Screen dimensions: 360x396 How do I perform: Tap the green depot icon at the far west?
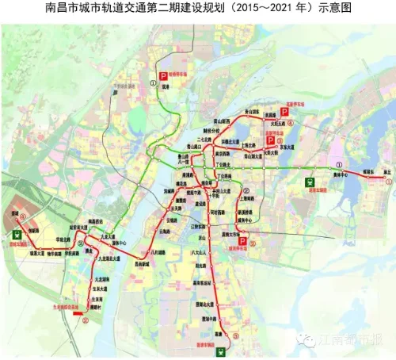pos(17,234)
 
